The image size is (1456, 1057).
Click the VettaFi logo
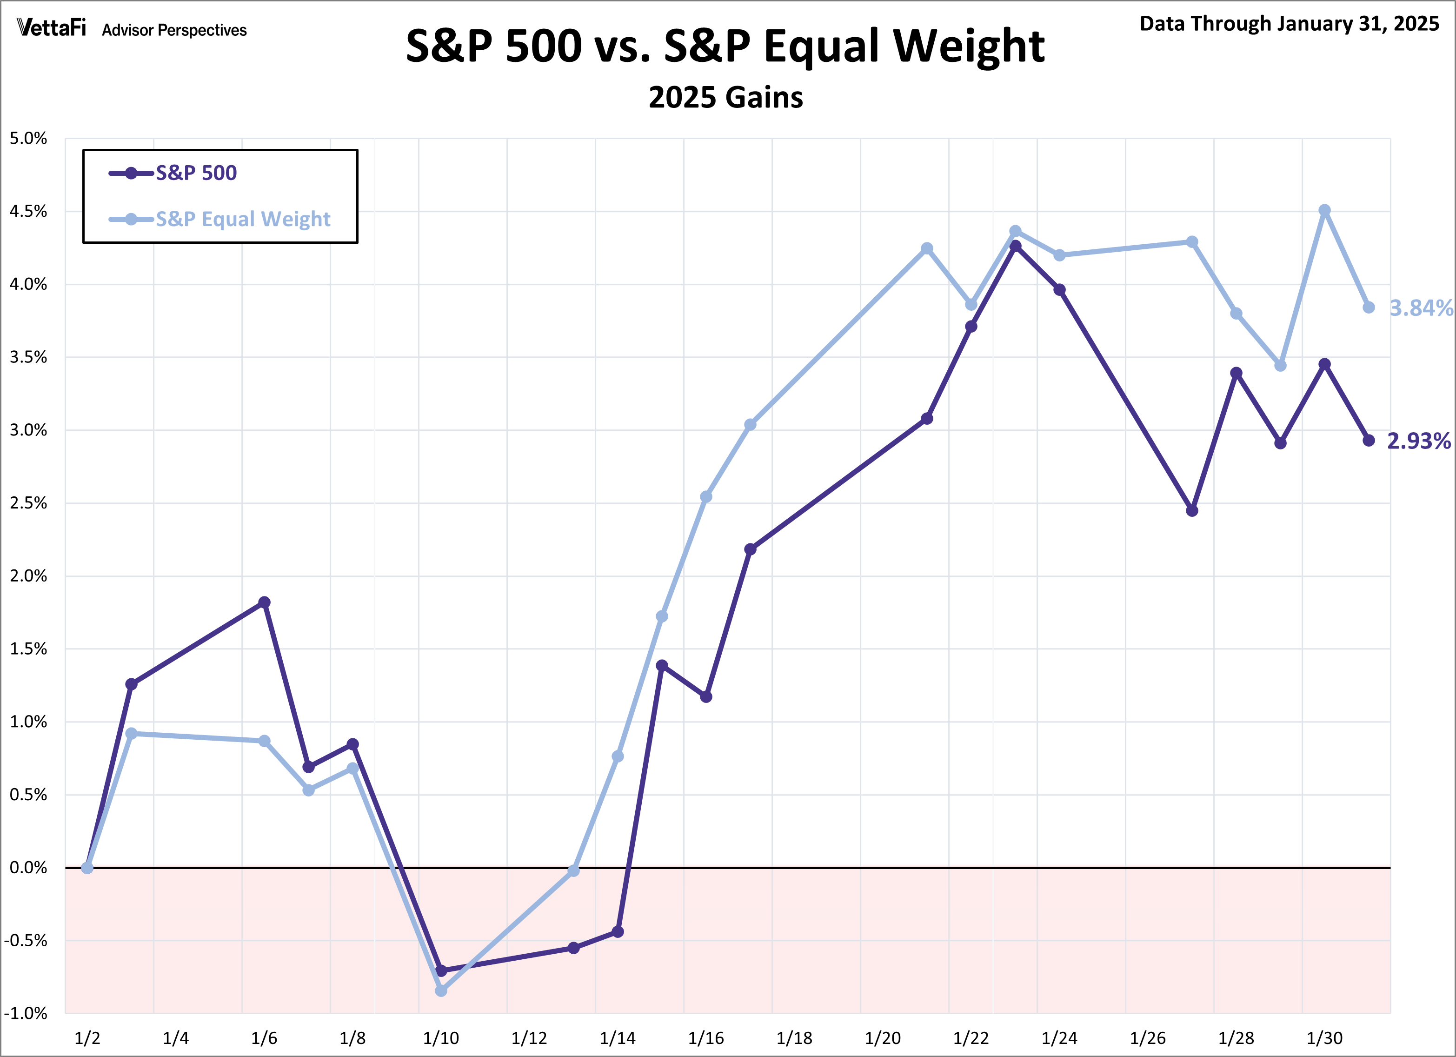click(51, 28)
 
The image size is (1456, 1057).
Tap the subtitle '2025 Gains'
click(725, 98)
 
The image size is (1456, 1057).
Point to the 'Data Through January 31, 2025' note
click(1289, 24)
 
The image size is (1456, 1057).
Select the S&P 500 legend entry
click(173, 173)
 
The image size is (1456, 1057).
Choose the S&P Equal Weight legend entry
click(220, 219)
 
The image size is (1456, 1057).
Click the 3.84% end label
click(1421, 308)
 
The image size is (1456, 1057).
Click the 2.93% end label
click(1419, 441)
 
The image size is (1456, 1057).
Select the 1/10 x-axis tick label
click(441, 1038)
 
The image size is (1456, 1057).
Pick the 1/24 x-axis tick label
click(1059, 1038)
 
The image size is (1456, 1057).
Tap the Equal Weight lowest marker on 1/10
click(441, 991)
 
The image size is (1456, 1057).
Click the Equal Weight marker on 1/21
click(927, 248)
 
